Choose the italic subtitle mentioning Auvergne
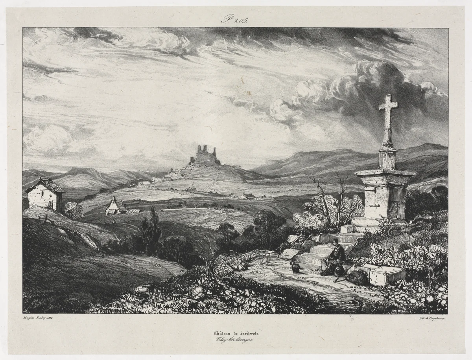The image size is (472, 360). point(235,341)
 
